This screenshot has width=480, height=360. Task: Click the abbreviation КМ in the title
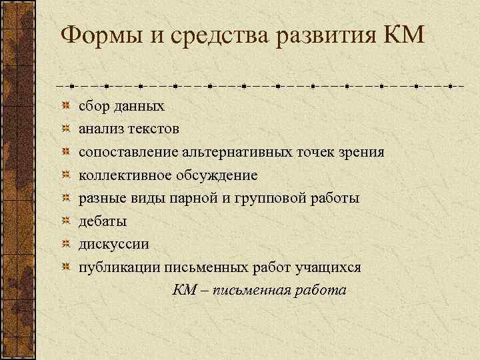tap(404, 34)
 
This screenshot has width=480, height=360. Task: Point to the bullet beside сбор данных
tap(65, 105)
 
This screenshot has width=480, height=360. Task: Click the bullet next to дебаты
tap(65, 221)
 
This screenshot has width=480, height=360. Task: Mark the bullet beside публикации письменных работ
tap(65, 267)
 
